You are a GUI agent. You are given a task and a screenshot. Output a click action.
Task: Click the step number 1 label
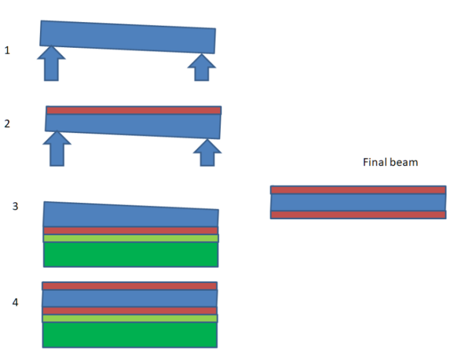pyautogui.click(x=7, y=50)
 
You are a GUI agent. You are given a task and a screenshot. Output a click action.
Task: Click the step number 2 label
pyautogui.click(x=7, y=123)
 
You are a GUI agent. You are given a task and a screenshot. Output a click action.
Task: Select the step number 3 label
pyautogui.click(x=15, y=207)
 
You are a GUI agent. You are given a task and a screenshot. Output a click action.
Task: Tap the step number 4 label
pyautogui.click(x=15, y=302)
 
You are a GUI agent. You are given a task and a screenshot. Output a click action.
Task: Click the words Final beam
pyautogui.click(x=390, y=162)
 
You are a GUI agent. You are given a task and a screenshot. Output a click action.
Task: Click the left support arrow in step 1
pyautogui.click(x=51, y=64)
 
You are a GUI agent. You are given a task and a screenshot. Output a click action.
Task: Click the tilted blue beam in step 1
pyautogui.click(x=128, y=37)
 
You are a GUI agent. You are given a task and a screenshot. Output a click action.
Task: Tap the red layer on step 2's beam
pyautogui.click(x=134, y=111)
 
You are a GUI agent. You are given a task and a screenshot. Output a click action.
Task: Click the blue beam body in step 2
pyautogui.click(x=133, y=125)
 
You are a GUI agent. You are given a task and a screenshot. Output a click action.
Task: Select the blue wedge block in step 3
pyautogui.click(x=129, y=215)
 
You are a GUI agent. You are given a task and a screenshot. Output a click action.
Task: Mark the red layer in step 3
pyautogui.click(x=130, y=231)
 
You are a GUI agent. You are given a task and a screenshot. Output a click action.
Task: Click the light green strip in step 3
pyautogui.click(x=130, y=238)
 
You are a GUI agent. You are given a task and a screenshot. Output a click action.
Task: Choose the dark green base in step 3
pyautogui.click(x=130, y=254)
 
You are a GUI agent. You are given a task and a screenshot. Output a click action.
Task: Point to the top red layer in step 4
pyautogui.click(x=129, y=286)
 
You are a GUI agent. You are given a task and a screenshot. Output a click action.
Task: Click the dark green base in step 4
pyautogui.click(x=129, y=334)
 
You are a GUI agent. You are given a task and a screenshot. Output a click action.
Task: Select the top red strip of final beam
pyautogui.click(x=358, y=190)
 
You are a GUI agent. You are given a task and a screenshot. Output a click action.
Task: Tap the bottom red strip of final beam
pyautogui.click(x=358, y=215)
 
